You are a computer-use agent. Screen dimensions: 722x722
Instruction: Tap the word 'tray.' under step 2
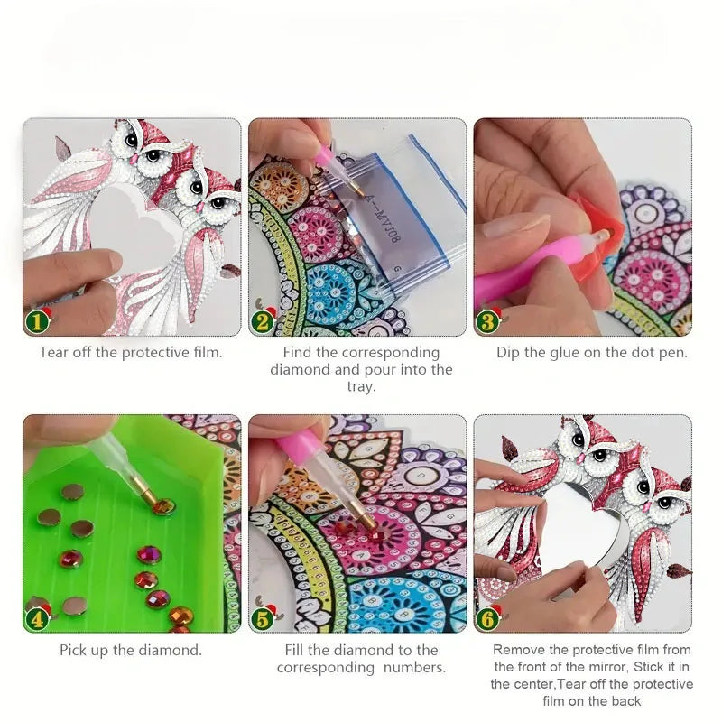(x=361, y=387)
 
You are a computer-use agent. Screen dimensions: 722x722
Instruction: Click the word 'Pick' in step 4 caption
(x=72, y=650)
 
